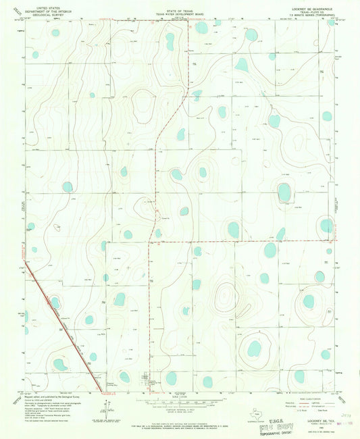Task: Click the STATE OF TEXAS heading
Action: (179, 3)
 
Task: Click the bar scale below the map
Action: (180, 398)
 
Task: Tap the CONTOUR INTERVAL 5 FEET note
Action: (180, 407)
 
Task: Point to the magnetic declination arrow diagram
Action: (103, 407)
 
